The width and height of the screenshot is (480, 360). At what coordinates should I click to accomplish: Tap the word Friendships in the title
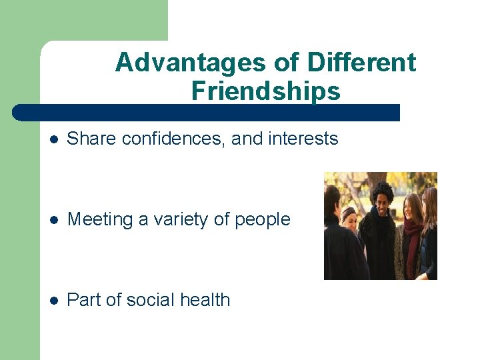265,91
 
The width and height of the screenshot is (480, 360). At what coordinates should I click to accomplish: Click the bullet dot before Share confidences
54,140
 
